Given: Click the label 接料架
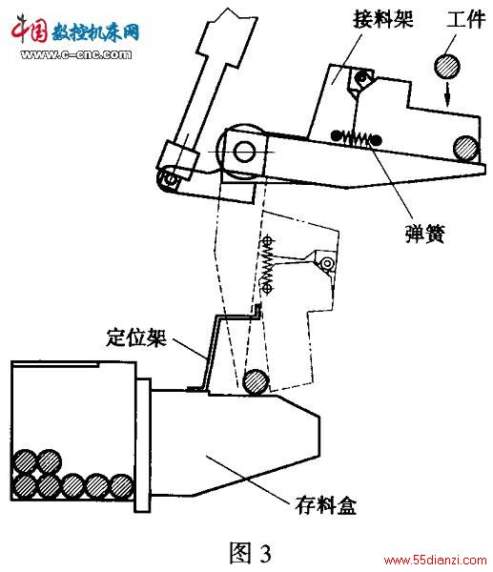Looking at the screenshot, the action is pyautogui.click(x=382, y=19).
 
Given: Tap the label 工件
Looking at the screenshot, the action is pyautogui.click(x=465, y=19).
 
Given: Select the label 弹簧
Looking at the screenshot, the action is pyautogui.click(x=425, y=234).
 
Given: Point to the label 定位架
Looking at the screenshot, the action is pyautogui.click(x=136, y=337).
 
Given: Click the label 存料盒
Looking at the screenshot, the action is pyautogui.click(x=325, y=505).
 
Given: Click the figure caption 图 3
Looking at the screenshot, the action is pyautogui.click(x=251, y=552).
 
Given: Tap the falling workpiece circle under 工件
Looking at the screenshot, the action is pyautogui.click(x=446, y=67).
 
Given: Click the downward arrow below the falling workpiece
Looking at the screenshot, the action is pyautogui.click(x=448, y=94).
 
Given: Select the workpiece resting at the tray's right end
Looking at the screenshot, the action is pyautogui.click(x=466, y=148).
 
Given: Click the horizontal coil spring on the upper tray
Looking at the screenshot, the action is pyautogui.click(x=356, y=138).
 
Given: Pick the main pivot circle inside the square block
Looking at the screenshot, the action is pyautogui.click(x=244, y=152).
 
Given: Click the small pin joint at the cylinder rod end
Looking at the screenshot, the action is pyautogui.click(x=169, y=179).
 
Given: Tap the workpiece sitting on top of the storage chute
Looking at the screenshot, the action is pyautogui.click(x=257, y=382).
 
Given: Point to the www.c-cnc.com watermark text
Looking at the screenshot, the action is pyautogui.click(x=76, y=54).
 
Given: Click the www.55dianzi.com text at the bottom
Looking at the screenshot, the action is pyautogui.click(x=436, y=561).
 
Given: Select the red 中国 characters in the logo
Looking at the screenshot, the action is pyautogui.click(x=30, y=29).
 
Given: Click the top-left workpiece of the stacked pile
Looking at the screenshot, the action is pyautogui.click(x=25, y=461).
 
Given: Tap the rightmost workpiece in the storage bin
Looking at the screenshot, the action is pyautogui.click(x=121, y=486).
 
